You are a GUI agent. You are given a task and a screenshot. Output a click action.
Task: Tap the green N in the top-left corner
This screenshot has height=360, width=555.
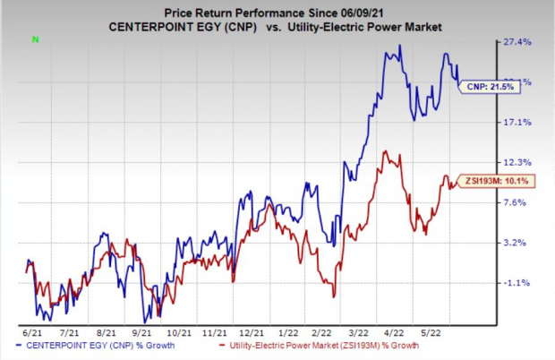pyautogui.click(x=35, y=39)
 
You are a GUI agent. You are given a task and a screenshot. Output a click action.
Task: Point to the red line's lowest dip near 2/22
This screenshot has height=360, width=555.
pyautogui.click(x=333, y=296)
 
